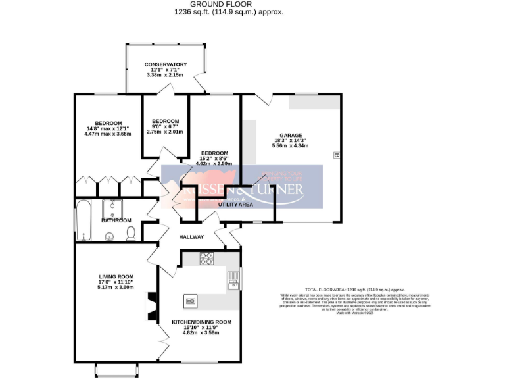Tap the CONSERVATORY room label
[x=166, y=64]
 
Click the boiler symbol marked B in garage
[x=336, y=156]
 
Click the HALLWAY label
[x=191, y=237]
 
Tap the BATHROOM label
[x=116, y=220]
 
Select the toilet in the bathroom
[x=131, y=233]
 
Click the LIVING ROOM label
[x=116, y=276]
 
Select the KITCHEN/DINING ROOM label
[x=201, y=322]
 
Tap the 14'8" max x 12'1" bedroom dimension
[x=108, y=129]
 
